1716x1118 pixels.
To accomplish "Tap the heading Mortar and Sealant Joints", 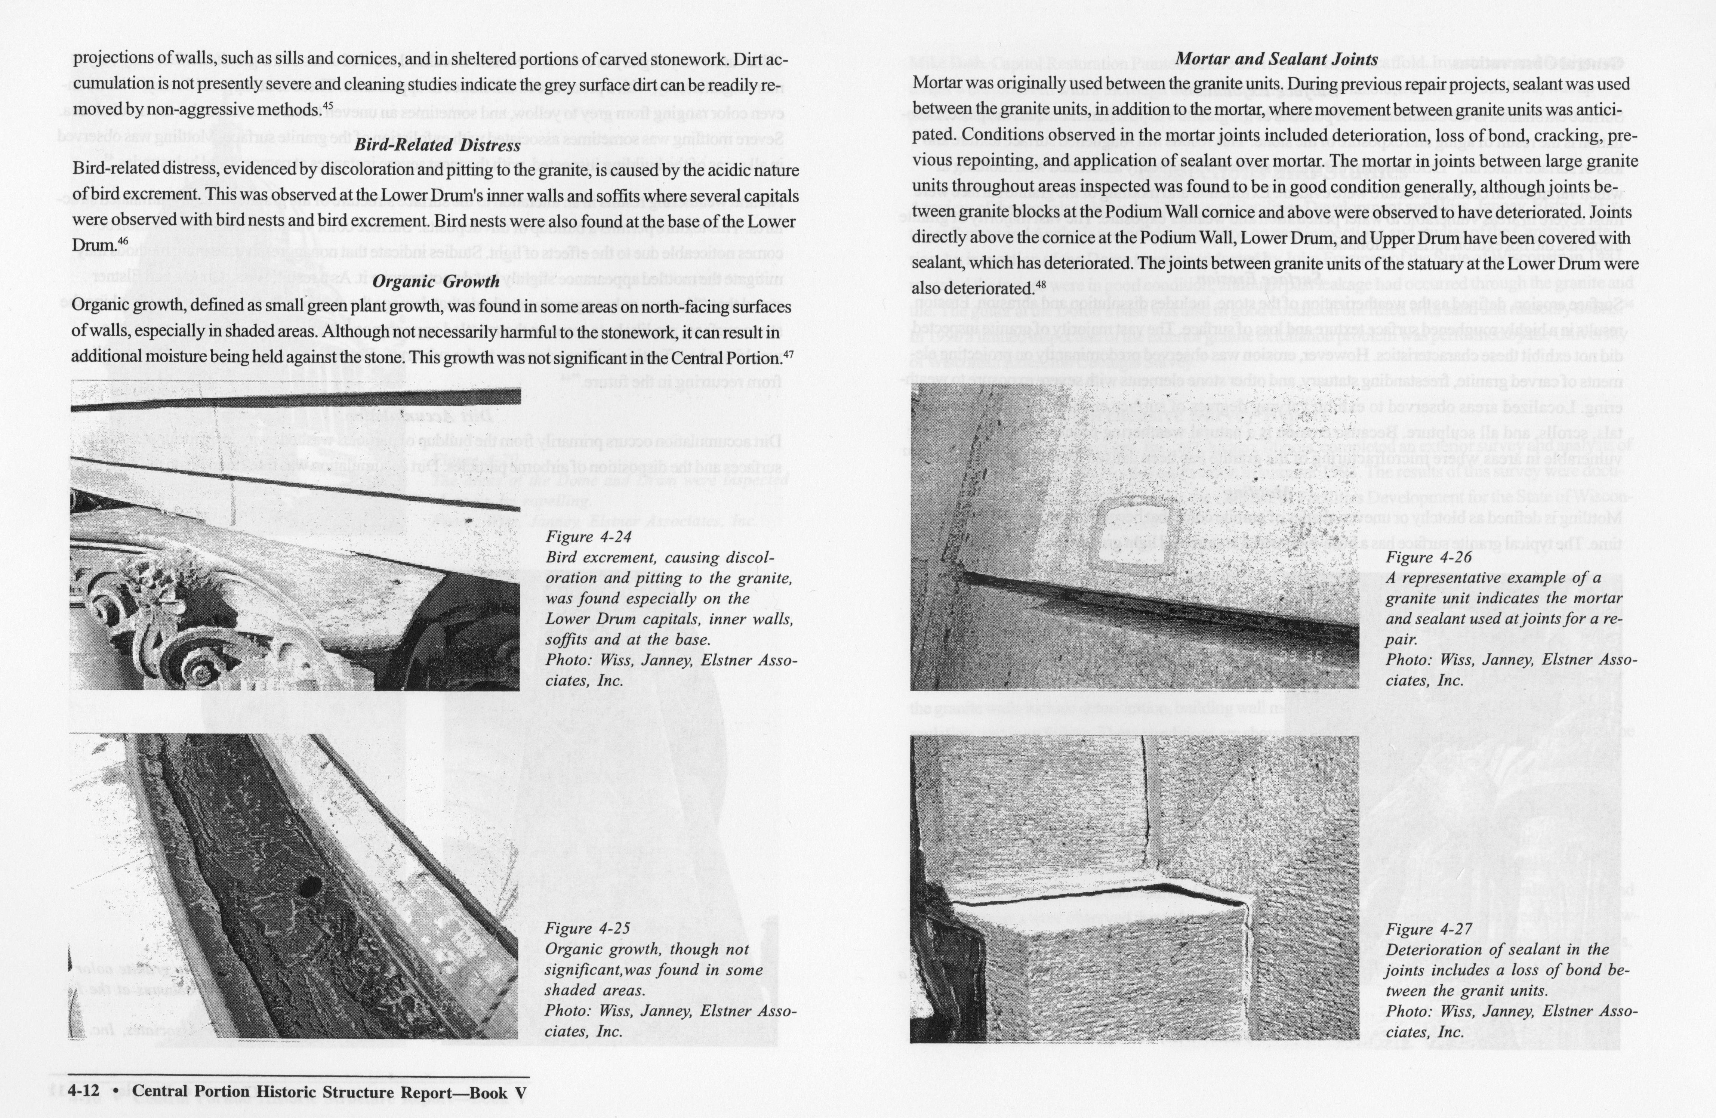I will [1276, 60].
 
